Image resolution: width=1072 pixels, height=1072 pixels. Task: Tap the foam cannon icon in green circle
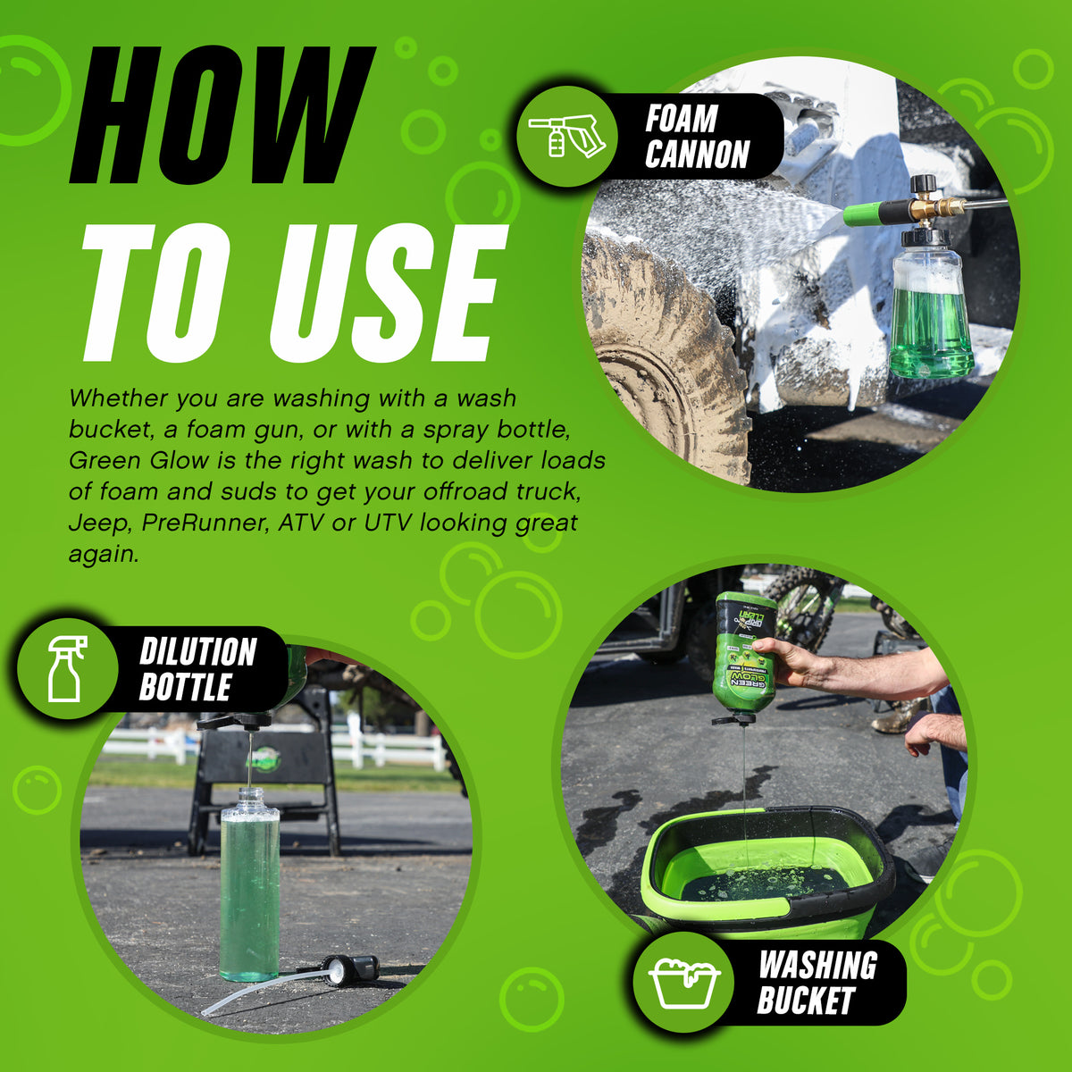tap(566, 137)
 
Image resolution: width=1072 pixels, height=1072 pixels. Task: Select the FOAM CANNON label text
tap(697, 137)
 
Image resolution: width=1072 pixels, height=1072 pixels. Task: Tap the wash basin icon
tap(684, 983)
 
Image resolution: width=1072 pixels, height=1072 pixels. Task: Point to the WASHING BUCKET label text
tap(817, 983)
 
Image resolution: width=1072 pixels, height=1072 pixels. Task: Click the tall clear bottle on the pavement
tap(249, 884)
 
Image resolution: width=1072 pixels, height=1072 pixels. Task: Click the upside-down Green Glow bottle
tap(744, 652)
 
